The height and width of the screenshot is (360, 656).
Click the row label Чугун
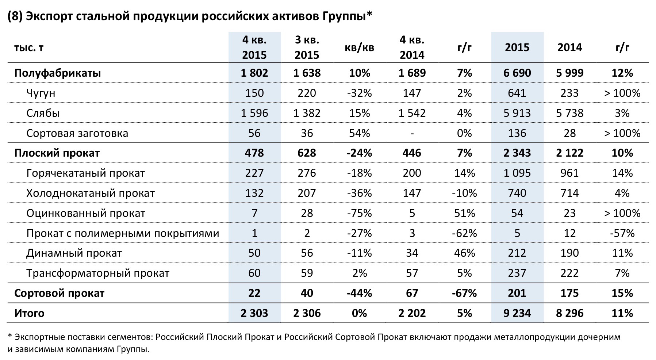coord(41,93)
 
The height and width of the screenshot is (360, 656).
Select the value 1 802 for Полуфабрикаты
coord(254,73)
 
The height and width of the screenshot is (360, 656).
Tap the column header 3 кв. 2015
coord(307,47)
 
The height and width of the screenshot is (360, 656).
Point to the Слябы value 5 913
coord(517,113)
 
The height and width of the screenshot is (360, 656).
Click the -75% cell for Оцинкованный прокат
coord(359,213)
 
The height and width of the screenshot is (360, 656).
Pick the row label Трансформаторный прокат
coord(97,273)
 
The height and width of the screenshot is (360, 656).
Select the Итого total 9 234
coord(517,313)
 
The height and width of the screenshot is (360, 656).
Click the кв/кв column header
coord(359,47)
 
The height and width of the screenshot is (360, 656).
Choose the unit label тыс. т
coord(29,47)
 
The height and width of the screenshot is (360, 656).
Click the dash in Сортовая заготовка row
coord(412,134)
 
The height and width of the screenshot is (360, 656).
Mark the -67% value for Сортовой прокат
coord(464,293)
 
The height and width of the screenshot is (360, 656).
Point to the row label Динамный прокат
coord(74,253)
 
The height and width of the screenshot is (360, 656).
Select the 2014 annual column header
coord(569,47)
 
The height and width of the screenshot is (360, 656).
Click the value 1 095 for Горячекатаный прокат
coord(517,173)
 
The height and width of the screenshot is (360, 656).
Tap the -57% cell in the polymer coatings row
coord(622,233)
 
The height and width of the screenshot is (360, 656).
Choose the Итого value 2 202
coord(412,313)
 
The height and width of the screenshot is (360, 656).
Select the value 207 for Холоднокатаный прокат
coord(307,193)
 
